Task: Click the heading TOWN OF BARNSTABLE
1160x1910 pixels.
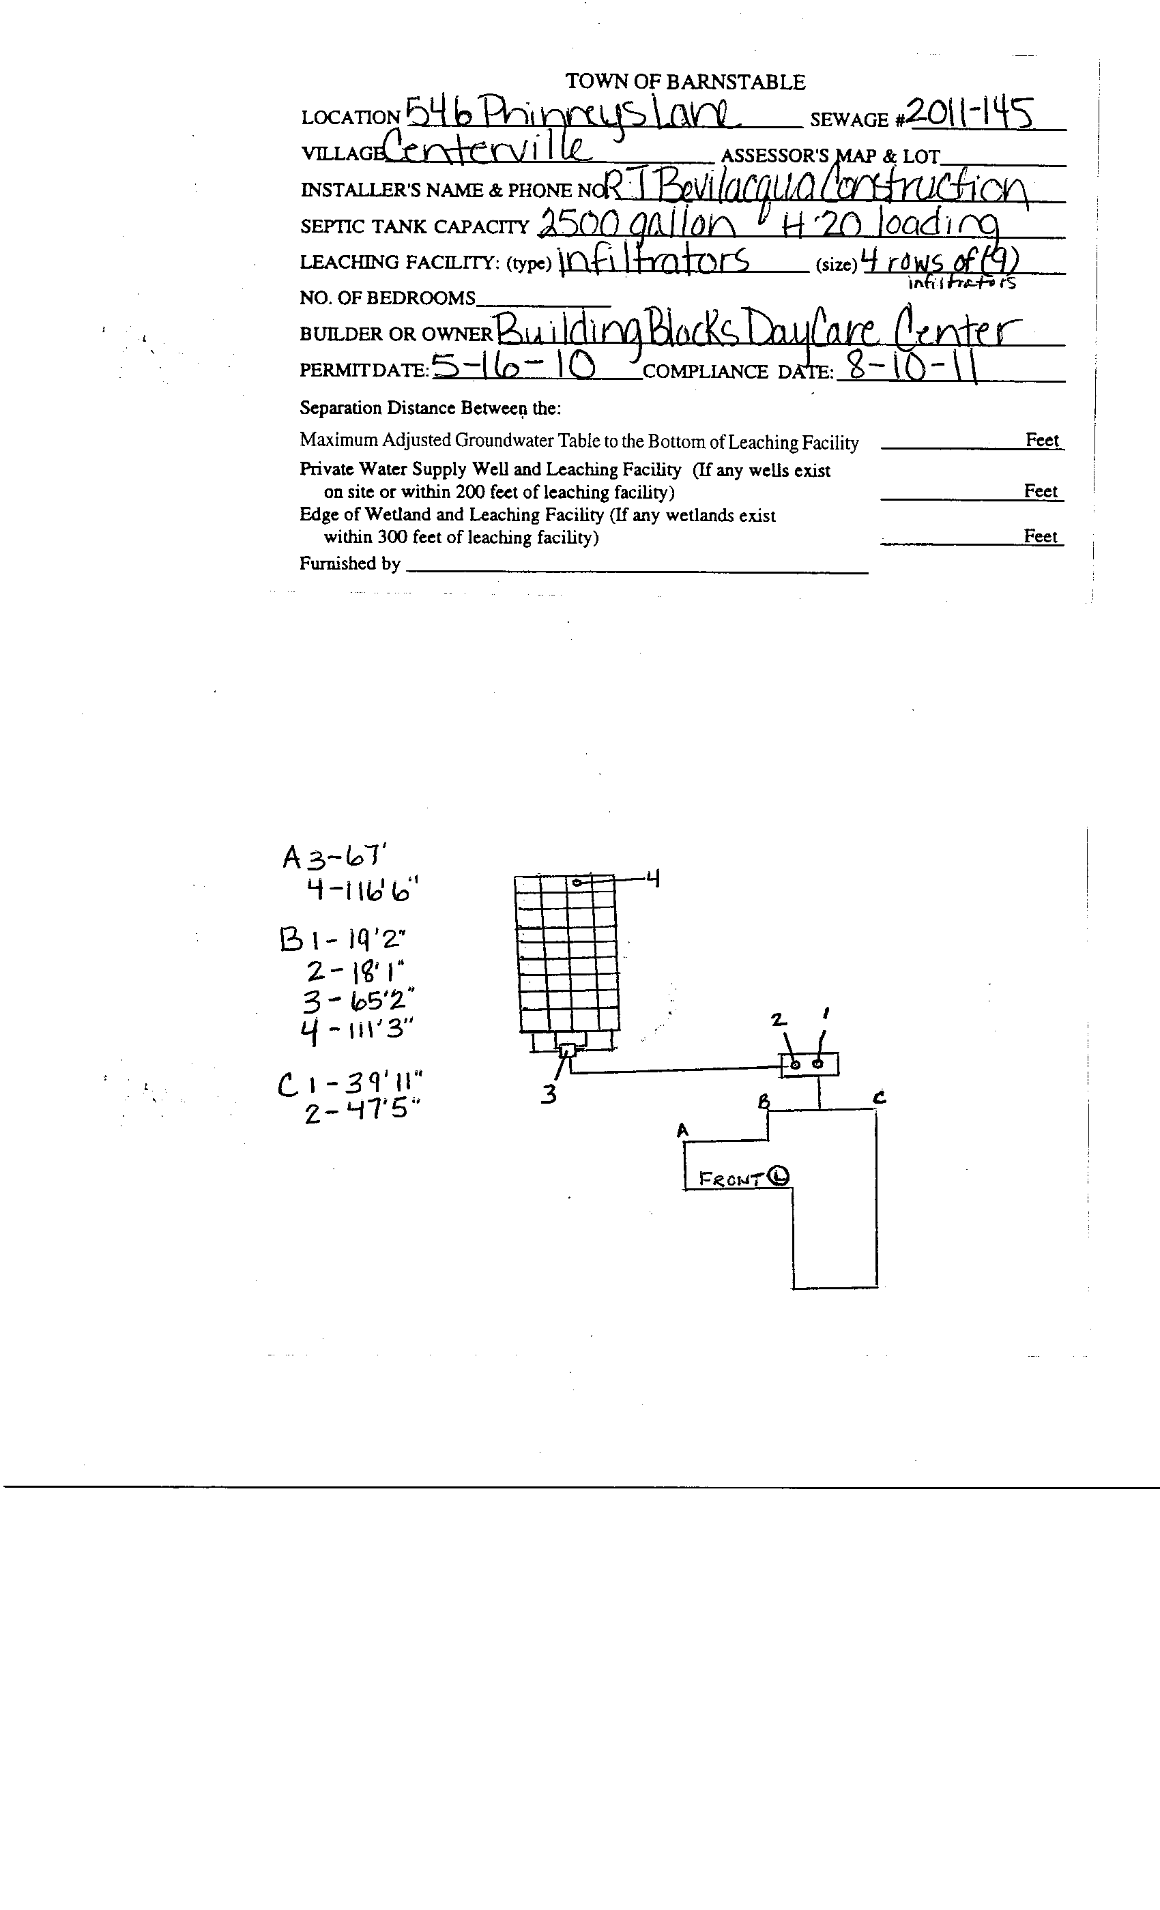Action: point(684,81)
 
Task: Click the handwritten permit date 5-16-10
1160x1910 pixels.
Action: point(513,365)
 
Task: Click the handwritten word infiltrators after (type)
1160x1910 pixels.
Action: point(653,260)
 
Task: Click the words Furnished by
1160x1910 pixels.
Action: point(349,563)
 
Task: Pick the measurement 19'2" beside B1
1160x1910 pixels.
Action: point(377,939)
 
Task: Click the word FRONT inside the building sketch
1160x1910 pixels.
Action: point(730,1179)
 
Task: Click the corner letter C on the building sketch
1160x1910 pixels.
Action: point(880,1097)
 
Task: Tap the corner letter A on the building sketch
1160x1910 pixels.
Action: point(682,1131)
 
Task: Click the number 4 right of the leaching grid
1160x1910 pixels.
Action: point(653,879)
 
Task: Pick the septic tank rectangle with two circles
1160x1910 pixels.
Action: point(809,1064)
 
